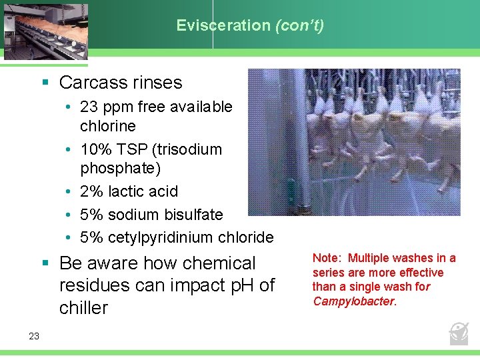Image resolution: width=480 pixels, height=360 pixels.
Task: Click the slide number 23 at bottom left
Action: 34,336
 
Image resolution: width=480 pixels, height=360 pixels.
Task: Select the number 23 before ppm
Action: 89,107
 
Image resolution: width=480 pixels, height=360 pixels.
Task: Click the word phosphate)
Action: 120,169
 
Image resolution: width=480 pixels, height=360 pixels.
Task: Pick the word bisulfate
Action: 191,215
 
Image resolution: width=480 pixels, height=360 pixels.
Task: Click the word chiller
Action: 83,308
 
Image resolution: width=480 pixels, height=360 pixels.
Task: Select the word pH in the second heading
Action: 239,285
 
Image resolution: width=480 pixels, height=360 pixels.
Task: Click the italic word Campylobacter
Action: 353,301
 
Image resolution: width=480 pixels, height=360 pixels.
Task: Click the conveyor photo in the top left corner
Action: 44,30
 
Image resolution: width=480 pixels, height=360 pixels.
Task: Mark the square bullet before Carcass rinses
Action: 45,83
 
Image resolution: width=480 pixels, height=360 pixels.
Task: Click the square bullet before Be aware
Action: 45,263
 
